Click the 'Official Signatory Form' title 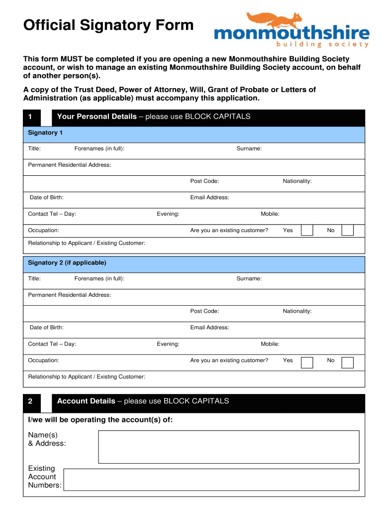[108, 25]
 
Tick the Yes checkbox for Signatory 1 [307, 230]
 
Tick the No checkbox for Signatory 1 [348, 230]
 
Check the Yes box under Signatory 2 [307, 362]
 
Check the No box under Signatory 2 [348, 362]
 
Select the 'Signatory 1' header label [45, 133]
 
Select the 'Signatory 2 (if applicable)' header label [67, 262]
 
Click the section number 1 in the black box [30, 117]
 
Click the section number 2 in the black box [30, 401]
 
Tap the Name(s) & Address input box [228, 447]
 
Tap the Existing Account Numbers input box [211, 480]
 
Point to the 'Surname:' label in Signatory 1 [249, 149]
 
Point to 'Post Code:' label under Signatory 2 [204, 311]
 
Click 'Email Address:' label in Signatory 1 [209, 198]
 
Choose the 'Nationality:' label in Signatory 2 [297, 311]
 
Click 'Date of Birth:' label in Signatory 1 [46, 198]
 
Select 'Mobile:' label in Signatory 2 [270, 344]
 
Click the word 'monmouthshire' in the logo [291, 34]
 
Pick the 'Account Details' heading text [86, 401]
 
